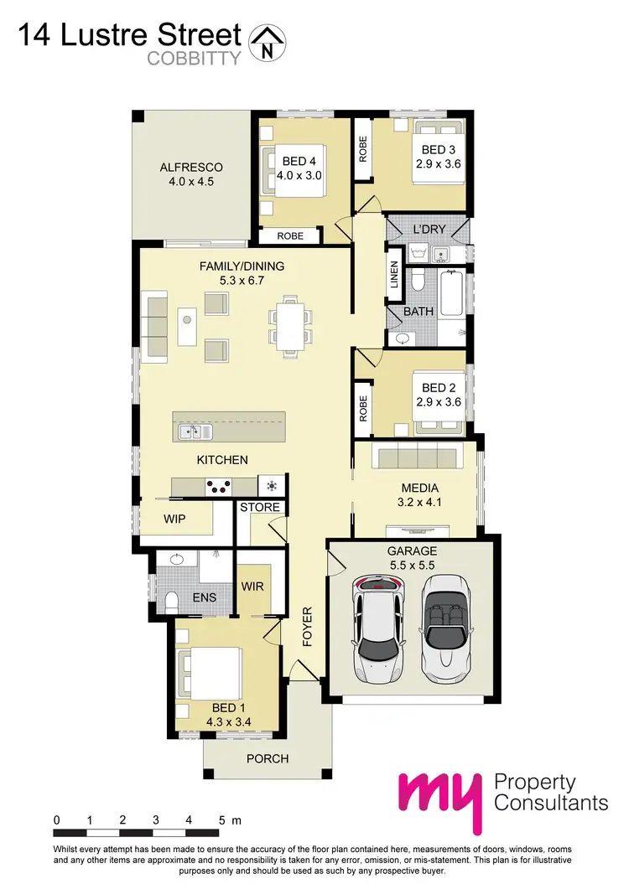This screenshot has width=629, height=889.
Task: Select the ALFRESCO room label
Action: coord(191,168)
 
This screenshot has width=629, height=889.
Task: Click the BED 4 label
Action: coord(300,161)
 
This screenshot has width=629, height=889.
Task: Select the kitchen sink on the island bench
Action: coord(194,432)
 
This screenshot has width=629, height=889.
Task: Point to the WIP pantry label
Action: coord(174,519)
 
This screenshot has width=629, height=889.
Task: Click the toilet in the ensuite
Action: coord(172,601)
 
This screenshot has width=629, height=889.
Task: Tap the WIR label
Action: coord(253,586)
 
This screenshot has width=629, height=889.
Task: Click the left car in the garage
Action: coord(379,624)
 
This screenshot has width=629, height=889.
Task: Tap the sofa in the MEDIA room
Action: coord(417,459)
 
